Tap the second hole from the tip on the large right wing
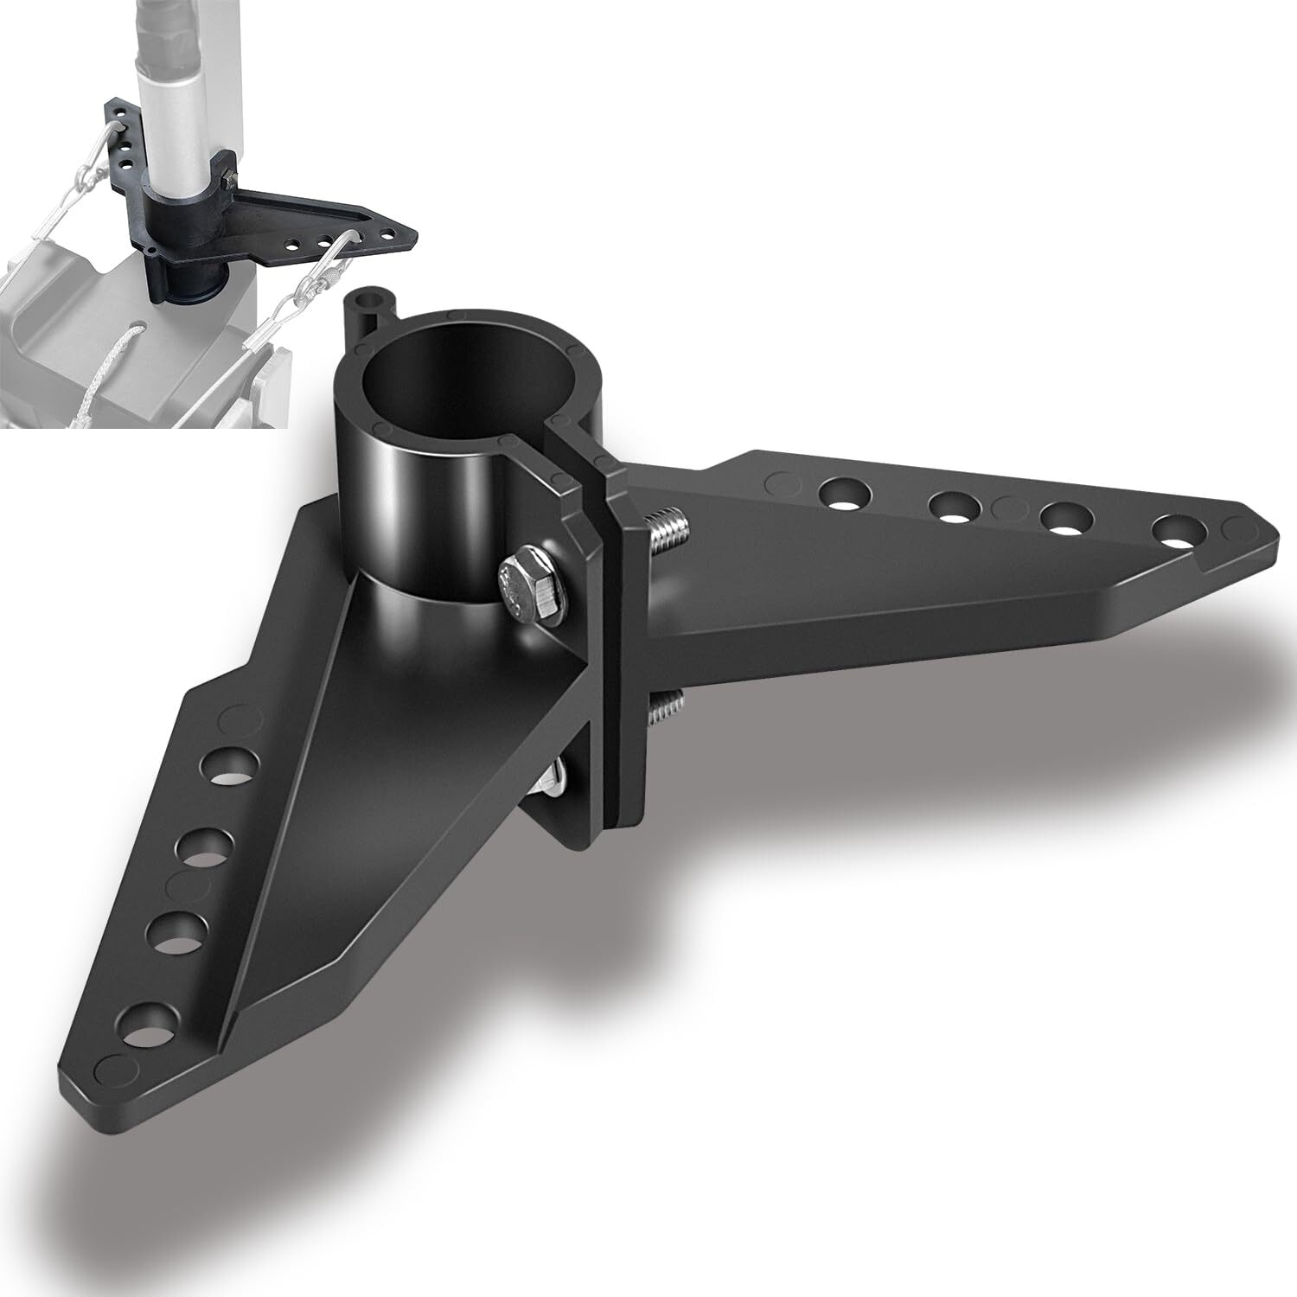(x=1063, y=519)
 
